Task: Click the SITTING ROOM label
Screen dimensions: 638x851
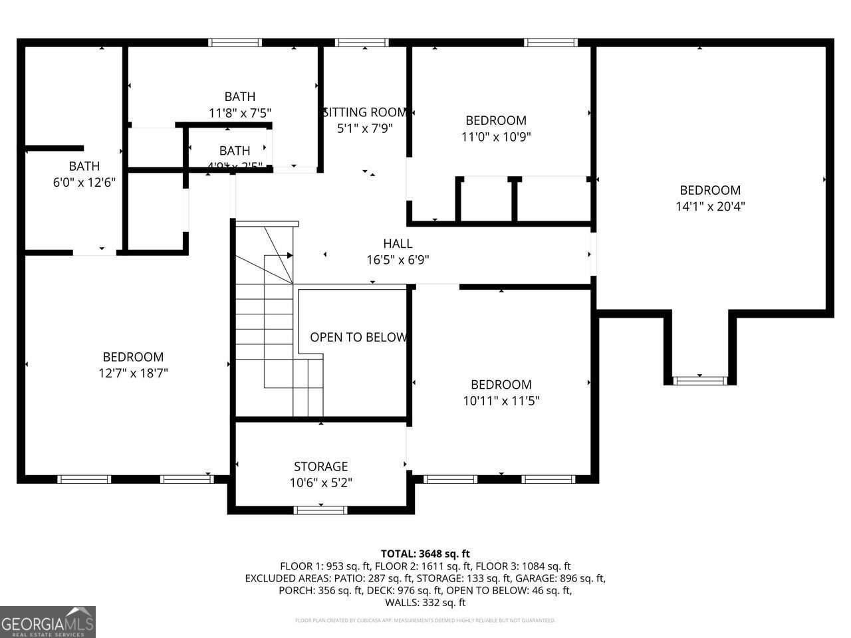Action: [364, 112]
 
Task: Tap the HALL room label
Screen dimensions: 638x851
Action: [398, 244]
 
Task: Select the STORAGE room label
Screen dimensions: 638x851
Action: [321, 467]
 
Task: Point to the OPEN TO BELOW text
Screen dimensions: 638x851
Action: [358, 337]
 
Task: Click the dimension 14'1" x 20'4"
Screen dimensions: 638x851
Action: [710, 207]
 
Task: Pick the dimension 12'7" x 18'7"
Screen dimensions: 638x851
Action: [133, 373]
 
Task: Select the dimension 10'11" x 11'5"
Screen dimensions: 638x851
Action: [501, 401]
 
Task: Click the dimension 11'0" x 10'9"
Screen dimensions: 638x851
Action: [496, 137]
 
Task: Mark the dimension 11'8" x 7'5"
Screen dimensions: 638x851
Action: [240, 113]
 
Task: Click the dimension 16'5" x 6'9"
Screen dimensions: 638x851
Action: [398, 261]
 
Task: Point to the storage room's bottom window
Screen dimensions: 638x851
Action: [320, 510]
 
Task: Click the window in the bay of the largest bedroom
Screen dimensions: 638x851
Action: [700, 380]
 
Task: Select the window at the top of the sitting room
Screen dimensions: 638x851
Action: [362, 43]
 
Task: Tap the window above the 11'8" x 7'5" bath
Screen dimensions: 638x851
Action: [234, 43]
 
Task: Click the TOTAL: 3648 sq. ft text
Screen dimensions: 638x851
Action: [425, 554]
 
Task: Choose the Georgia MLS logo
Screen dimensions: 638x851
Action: [48, 622]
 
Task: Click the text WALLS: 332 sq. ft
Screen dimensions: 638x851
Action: [425, 603]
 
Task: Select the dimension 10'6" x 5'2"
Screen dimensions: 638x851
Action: [321, 483]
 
